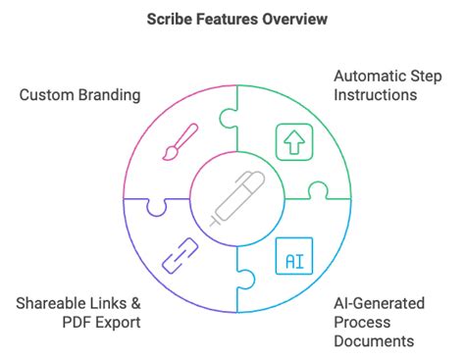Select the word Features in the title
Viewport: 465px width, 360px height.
pos(228,19)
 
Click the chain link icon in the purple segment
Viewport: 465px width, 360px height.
pos(181,257)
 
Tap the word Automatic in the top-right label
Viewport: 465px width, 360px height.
pos(371,75)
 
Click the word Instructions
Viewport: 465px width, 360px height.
pos(375,95)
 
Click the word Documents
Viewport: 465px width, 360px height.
pos(374,341)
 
